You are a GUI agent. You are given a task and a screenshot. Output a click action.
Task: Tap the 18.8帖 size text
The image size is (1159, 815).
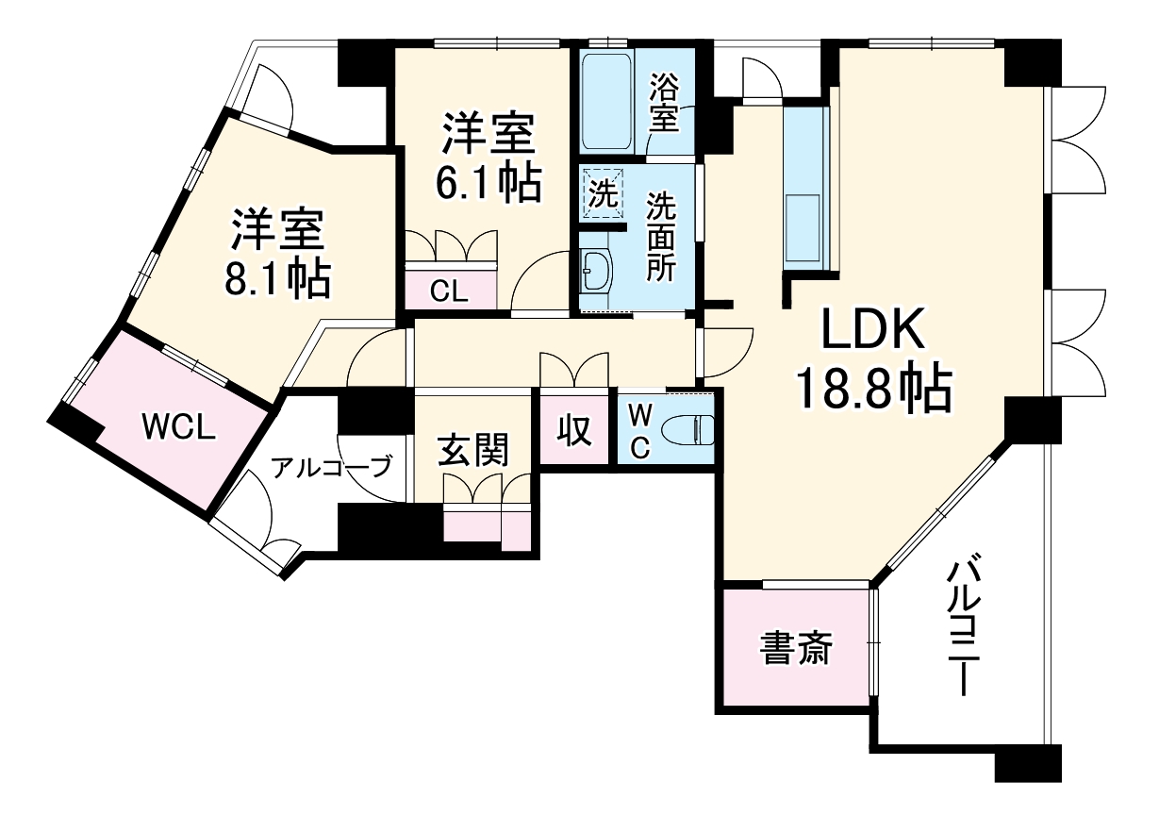pos(872,390)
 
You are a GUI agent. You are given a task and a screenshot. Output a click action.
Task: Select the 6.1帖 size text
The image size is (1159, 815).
pos(488,182)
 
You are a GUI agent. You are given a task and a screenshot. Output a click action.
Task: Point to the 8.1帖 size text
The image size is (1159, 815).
pos(277,277)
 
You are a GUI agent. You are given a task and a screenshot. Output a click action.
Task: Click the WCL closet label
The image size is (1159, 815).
pos(179,426)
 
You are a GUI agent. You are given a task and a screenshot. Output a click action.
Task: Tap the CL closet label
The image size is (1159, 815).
pos(449,291)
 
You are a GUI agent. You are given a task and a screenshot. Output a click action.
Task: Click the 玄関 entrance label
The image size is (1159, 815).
pos(472,451)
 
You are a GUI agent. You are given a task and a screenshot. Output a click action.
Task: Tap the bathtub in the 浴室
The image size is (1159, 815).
pos(608,102)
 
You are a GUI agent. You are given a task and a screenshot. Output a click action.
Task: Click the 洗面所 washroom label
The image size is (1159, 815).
pos(660,237)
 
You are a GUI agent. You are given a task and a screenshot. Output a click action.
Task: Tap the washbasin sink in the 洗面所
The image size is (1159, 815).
pos(597,273)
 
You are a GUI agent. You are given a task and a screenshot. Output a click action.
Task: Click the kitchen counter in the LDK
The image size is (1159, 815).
pos(806,189)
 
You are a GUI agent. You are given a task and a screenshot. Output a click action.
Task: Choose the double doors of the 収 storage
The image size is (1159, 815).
pos(574,370)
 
